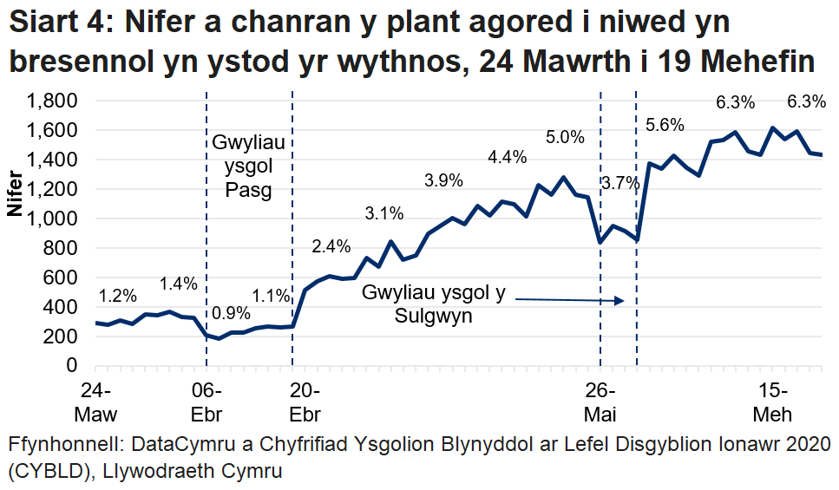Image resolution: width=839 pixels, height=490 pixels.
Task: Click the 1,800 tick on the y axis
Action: click(x=53, y=101)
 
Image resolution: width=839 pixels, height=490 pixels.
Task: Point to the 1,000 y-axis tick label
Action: click(x=53, y=219)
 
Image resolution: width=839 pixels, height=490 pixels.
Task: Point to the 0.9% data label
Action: click(x=231, y=313)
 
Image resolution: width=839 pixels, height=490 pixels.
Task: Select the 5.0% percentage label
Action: click(x=566, y=136)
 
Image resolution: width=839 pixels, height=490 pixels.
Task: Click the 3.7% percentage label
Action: click(x=619, y=183)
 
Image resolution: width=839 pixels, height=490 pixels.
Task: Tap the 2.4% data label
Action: click(x=331, y=246)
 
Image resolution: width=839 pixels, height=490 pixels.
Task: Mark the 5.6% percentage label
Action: click(x=666, y=124)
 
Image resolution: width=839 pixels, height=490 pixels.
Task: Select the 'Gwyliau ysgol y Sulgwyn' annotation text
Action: click(x=434, y=304)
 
